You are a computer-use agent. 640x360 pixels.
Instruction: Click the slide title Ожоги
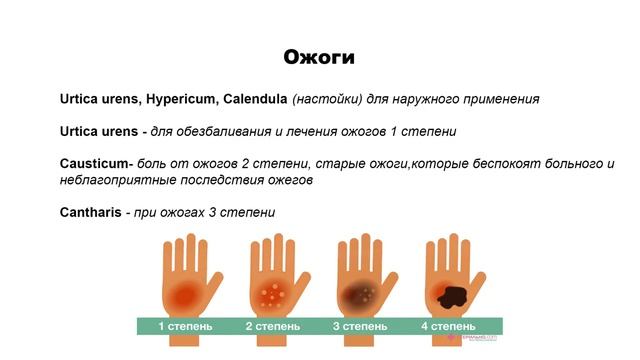(x=319, y=56)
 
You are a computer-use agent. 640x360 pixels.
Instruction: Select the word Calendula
(x=253, y=99)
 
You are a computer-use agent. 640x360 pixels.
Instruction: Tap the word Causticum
(x=94, y=164)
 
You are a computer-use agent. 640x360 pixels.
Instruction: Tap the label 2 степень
(x=272, y=326)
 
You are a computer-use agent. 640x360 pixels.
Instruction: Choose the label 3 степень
(x=359, y=326)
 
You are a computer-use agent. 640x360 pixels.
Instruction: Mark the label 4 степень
(x=447, y=326)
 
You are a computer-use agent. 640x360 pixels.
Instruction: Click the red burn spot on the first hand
(x=182, y=294)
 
